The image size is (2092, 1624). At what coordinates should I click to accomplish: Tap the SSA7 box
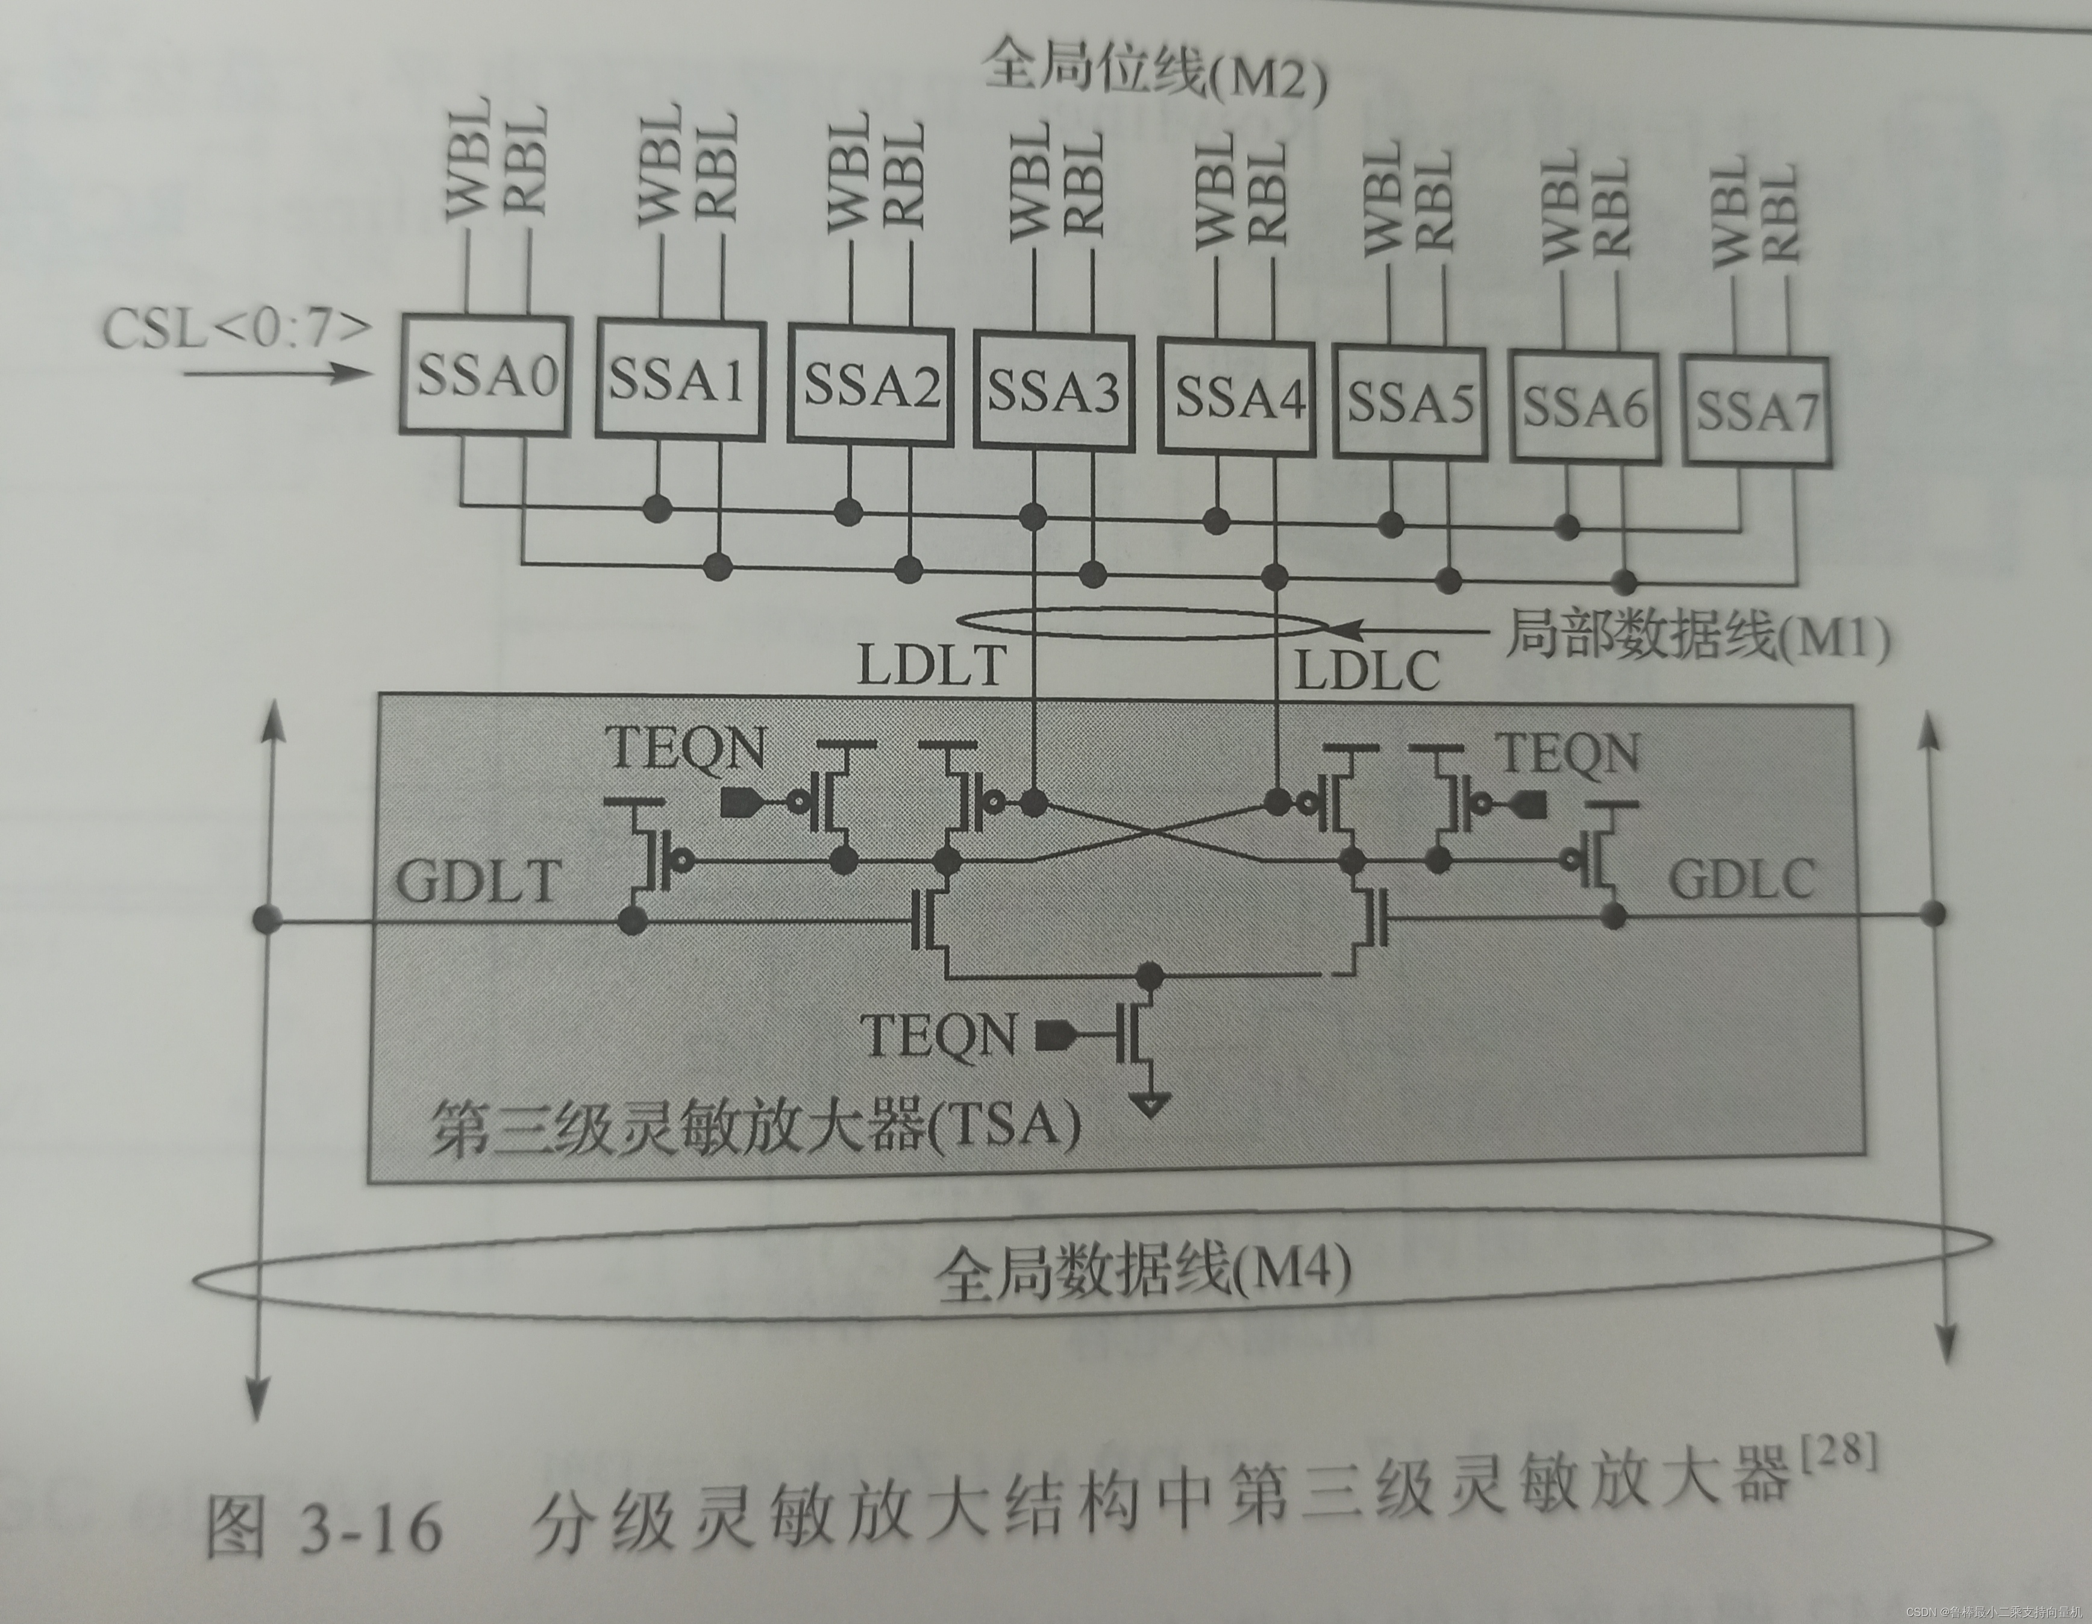1757,411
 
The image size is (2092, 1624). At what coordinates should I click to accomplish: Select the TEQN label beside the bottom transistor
938,1035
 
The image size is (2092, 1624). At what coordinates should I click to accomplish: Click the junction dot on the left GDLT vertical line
268,920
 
